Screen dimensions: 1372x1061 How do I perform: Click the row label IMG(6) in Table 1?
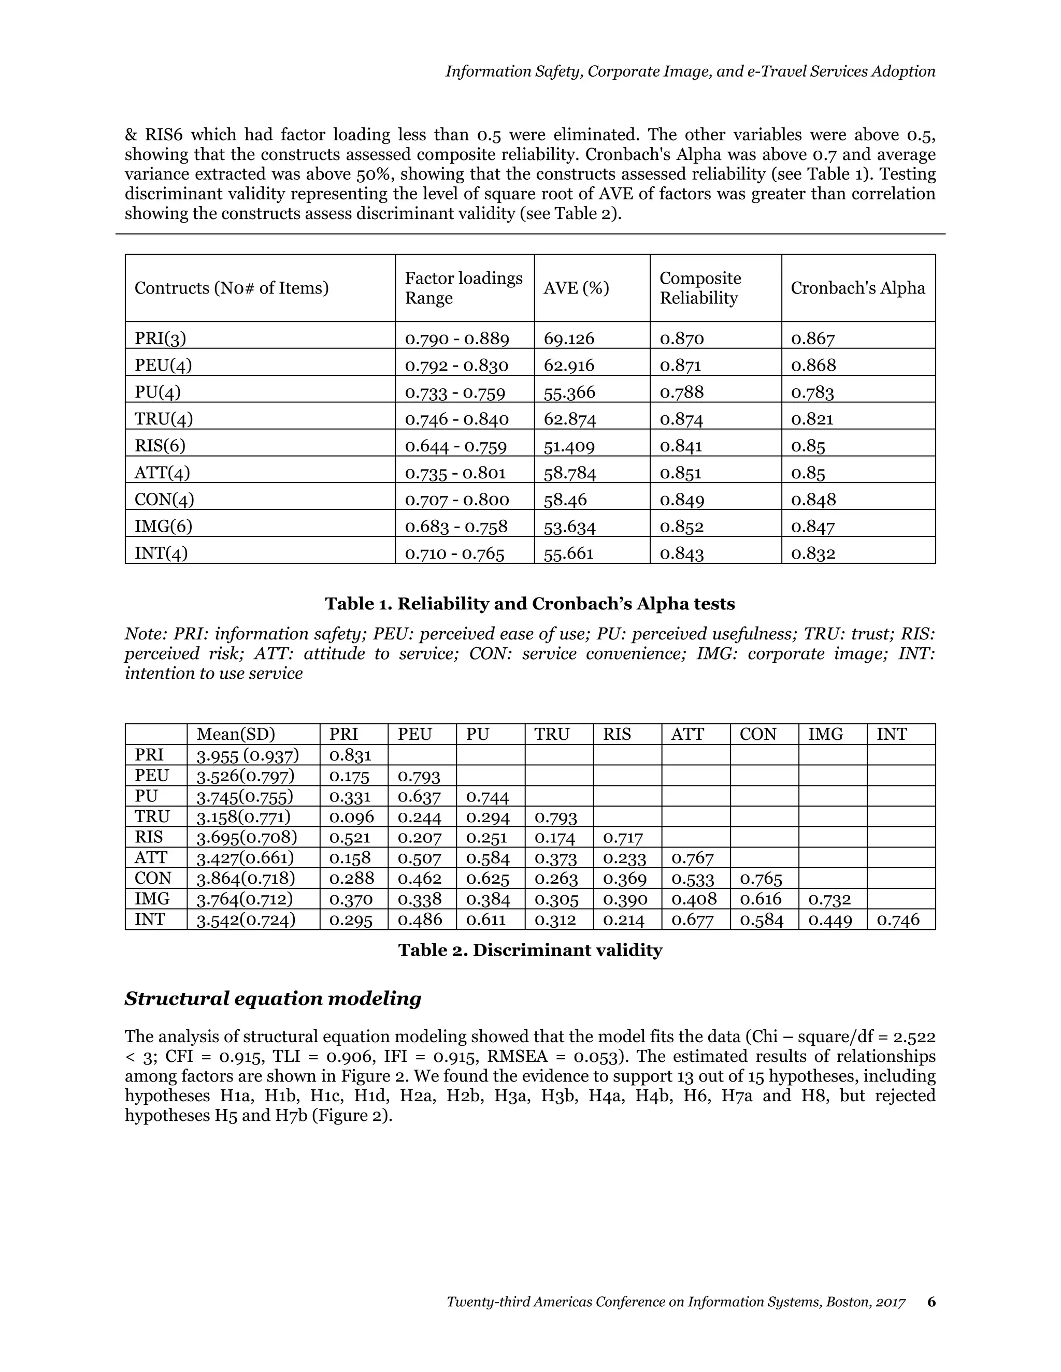(x=163, y=527)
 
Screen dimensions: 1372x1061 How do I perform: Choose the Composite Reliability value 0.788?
(x=681, y=392)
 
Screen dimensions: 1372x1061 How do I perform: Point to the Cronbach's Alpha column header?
(x=857, y=288)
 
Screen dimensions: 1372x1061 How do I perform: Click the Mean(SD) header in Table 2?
(x=235, y=734)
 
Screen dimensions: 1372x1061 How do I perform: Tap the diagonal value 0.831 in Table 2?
(x=350, y=755)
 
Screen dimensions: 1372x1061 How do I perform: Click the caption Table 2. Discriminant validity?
(x=530, y=950)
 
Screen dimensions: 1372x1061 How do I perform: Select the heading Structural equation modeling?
(x=273, y=999)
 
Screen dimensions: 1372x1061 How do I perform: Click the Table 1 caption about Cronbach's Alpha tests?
(x=530, y=604)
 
